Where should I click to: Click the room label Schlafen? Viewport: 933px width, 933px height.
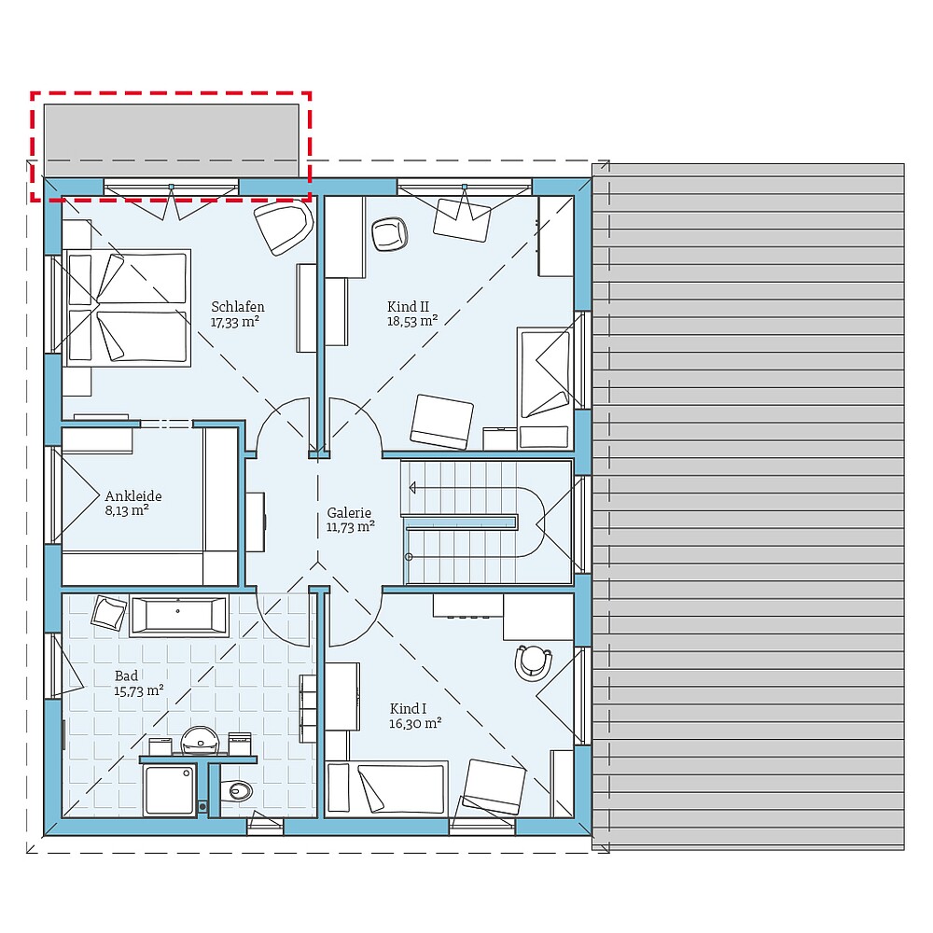coord(237,306)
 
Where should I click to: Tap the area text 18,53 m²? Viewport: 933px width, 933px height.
coord(412,320)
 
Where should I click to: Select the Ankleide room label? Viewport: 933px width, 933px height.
coord(132,496)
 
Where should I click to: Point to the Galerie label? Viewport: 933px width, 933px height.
coord(349,512)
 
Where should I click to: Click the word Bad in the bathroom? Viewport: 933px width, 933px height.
coord(126,675)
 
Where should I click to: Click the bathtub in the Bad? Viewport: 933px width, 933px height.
coord(179,616)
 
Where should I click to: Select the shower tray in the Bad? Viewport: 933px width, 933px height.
coord(170,789)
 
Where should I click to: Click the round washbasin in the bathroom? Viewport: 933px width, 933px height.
coord(200,740)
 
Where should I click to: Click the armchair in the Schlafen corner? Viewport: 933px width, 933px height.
coord(283,228)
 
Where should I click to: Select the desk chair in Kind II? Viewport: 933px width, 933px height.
coord(390,233)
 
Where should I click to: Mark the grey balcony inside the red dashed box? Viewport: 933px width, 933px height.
coord(171,141)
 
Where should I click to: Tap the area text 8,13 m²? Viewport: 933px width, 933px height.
coord(127,510)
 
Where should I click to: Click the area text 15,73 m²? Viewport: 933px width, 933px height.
coord(139,690)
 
